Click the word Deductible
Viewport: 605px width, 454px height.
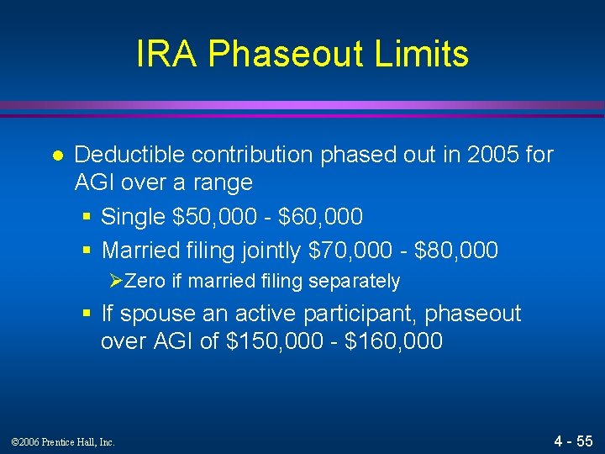(129, 155)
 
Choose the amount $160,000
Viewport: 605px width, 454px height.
(393, 342)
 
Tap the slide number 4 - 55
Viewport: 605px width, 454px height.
(573, 441)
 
